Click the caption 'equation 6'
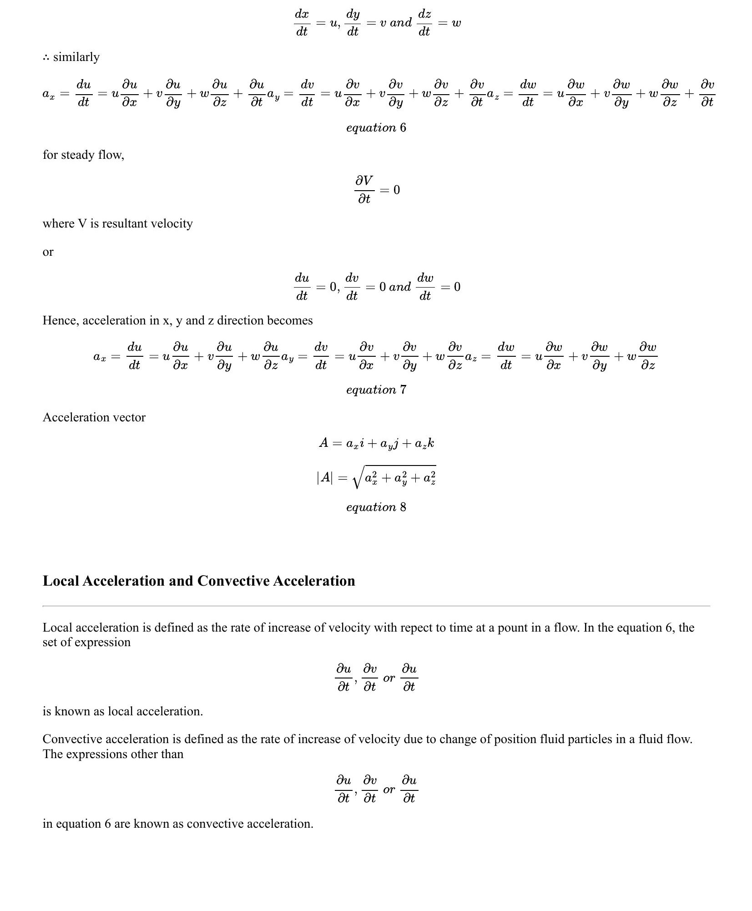[x=376, y=128]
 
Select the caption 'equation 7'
[x=376, y=390]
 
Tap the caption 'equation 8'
[x=376, y=507]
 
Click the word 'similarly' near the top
[x=76, y=57]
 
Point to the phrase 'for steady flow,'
[x=83, y=155]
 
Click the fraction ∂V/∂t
[x=364, y=190]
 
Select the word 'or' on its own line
[x=48, y=252]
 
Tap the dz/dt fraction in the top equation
[x=424, y=23]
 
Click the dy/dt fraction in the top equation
[x=353, y=23]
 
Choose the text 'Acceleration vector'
[x=94, y=418]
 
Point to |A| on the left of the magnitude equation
[x=325, y=477]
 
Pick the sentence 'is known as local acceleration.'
[x=123, y=712]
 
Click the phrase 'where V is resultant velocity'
[x=118, y=224]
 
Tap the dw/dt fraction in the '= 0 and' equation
[x=425, y=287]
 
